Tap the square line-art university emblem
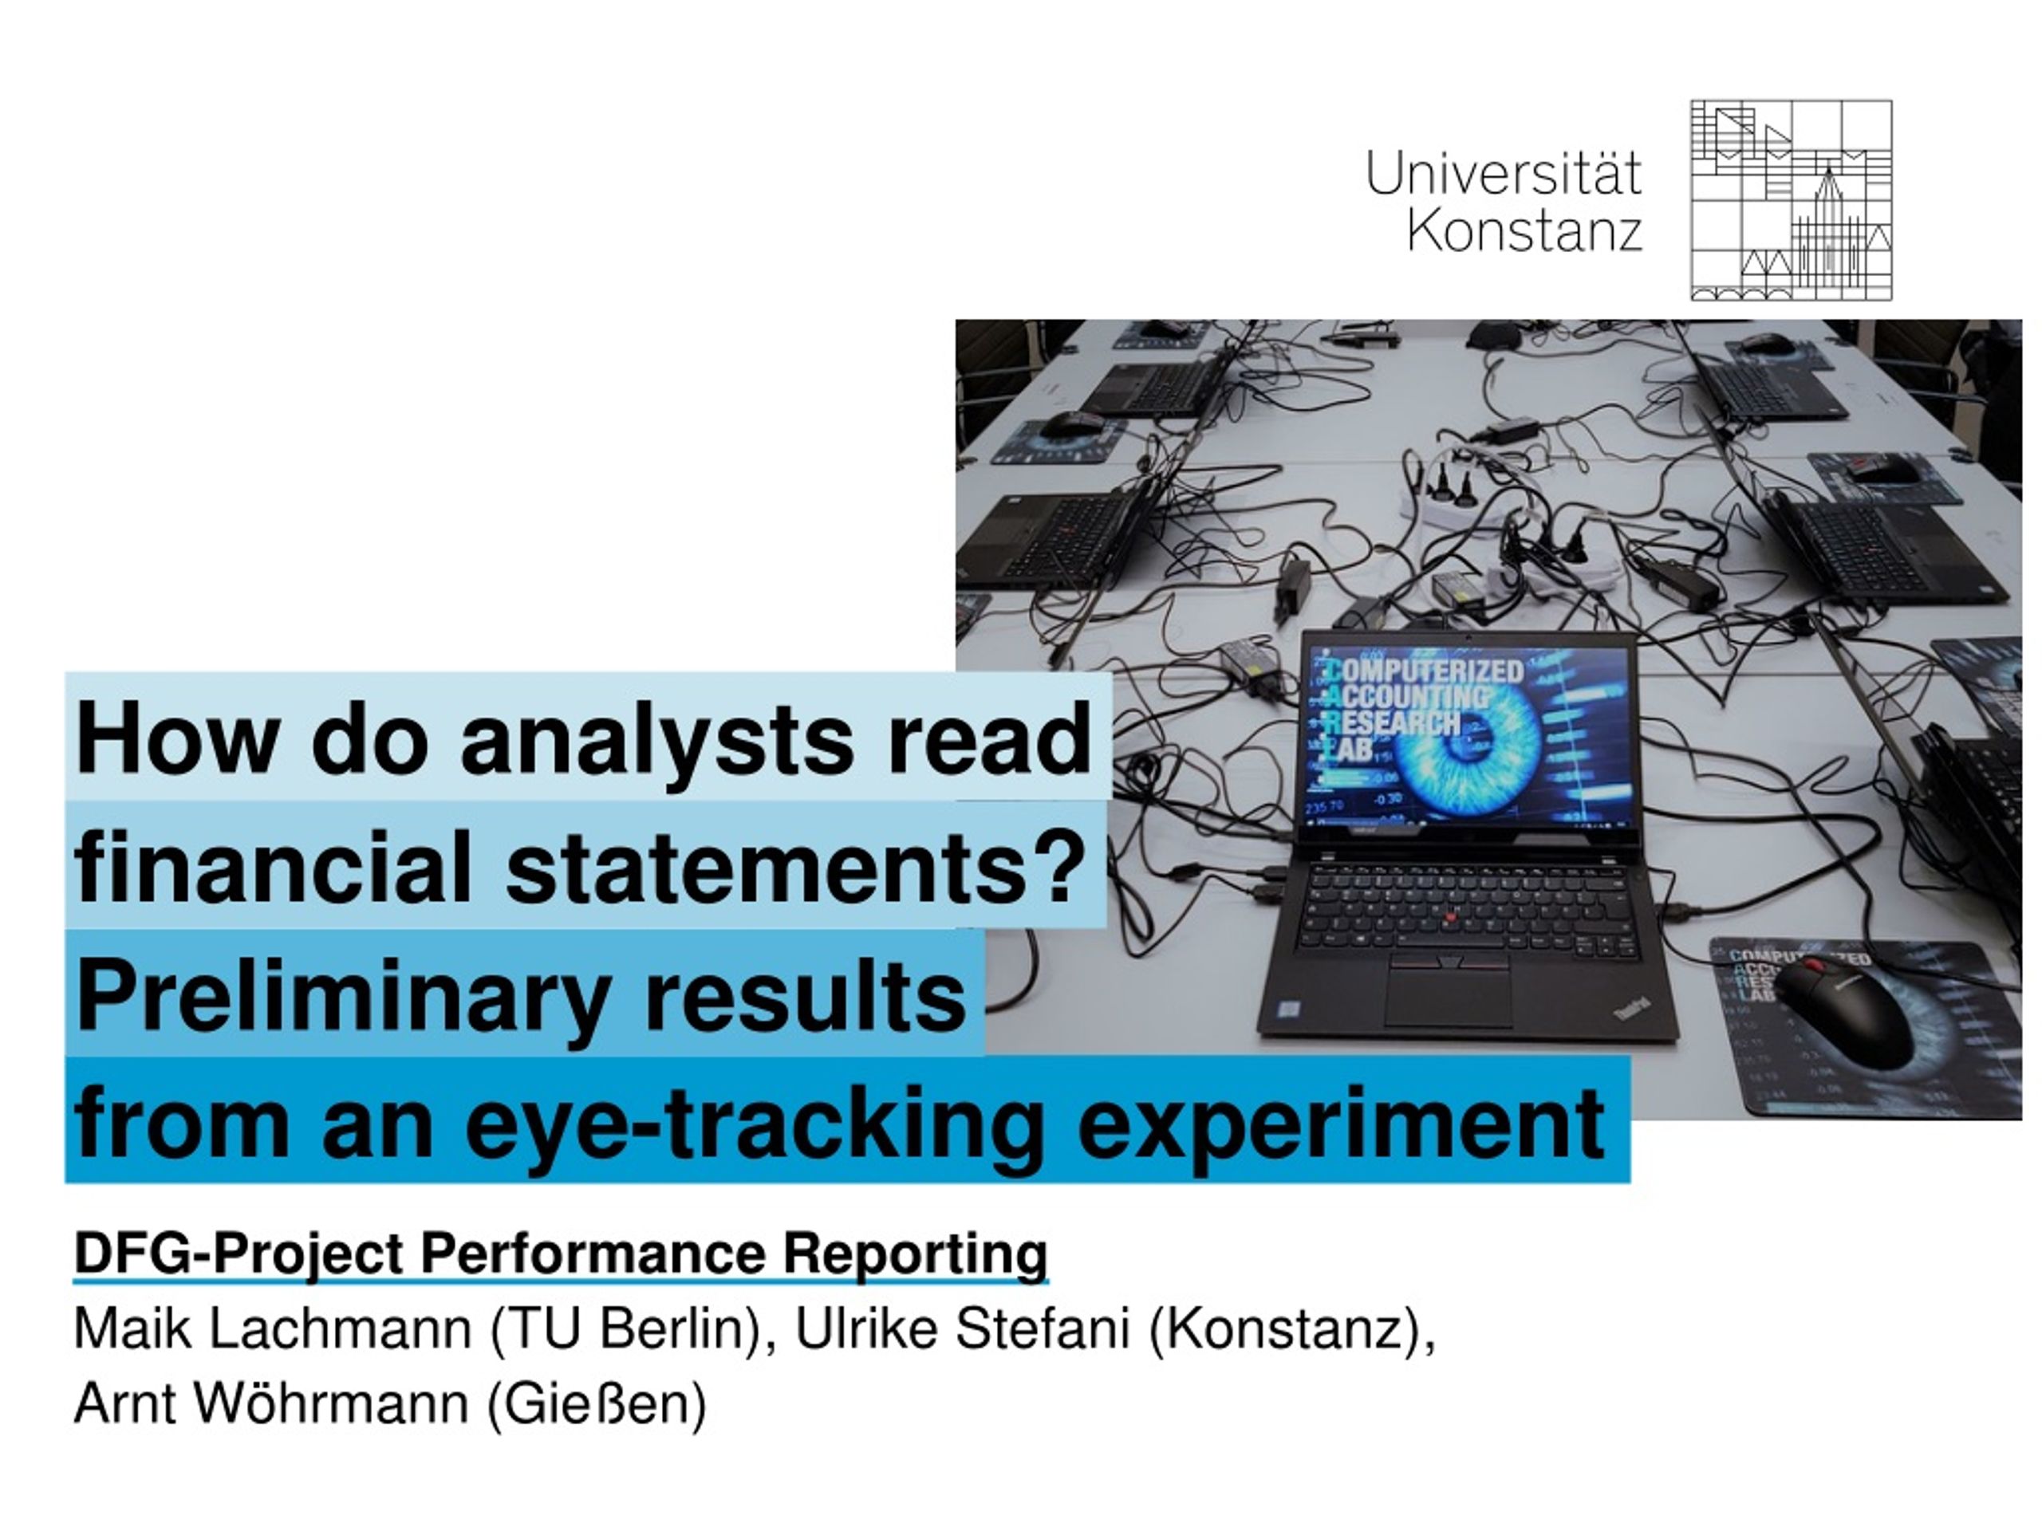1791,200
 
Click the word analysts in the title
656,739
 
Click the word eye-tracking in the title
753,1123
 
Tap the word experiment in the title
1340,1123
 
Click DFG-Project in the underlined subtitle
238,1254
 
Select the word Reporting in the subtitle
916,1254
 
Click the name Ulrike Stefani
962,1329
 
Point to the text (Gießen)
597,1403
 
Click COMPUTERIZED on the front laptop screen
1426,671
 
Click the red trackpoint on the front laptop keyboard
1451,916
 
